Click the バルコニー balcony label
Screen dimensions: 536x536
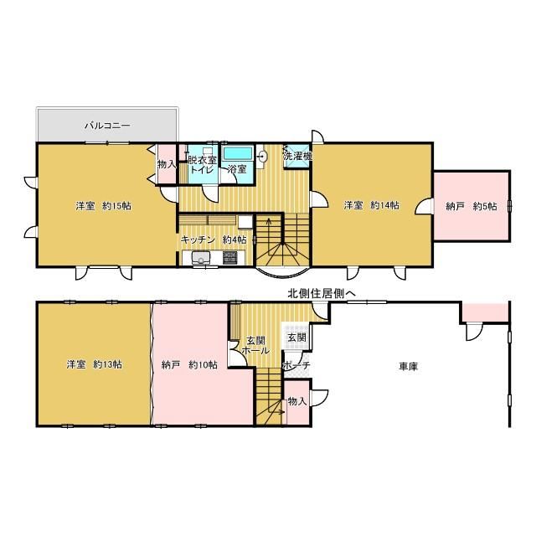(x=107, y=126)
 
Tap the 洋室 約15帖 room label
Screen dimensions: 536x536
(x=103, y=206)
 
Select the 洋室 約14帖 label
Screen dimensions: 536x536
(x=371, y=205)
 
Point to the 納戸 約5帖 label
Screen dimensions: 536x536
(x=472, y=207)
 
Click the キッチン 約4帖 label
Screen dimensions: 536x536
(x=214, y=240)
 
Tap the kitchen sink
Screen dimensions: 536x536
(x=201, y=258)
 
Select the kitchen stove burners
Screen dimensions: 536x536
(x=230, y=257)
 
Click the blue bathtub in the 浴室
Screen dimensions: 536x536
(x=238, y=152)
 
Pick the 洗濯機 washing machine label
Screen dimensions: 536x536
(x=298, y=157)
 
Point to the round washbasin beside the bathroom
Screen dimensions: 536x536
(x=263, y=157)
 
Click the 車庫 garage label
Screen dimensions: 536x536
(x=409, y=367)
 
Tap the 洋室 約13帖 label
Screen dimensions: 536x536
(x=94, y=364)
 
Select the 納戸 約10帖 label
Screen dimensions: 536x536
(x=189, y=365)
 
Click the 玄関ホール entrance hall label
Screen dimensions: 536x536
(x=255, y=345)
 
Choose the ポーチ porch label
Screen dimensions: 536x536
(x=296, y=365)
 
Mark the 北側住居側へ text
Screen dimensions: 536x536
(x=322, y=293)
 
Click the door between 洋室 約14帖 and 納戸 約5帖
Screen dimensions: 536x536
(x=425, y=206)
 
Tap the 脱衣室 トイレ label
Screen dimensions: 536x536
(x=203, y=164)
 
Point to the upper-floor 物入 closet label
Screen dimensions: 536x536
(x=167, y=164)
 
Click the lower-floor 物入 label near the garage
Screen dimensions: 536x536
(x=297, y=401)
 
